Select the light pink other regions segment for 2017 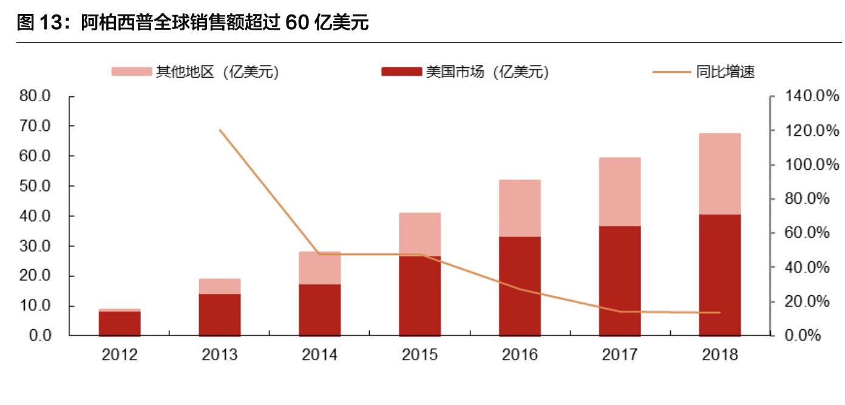click(620, 192)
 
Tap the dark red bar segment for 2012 click(120, 323)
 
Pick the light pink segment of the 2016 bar click(520, 208)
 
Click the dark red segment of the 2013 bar click(220, 315)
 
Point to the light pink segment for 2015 click(419, 234)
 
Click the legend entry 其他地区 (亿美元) click(194, 72)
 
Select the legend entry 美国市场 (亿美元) click(464, 72)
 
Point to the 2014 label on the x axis click(319, 355)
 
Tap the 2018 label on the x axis click(719, 355)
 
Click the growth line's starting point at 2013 click(220, 130)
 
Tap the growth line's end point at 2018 click(719, 312)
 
